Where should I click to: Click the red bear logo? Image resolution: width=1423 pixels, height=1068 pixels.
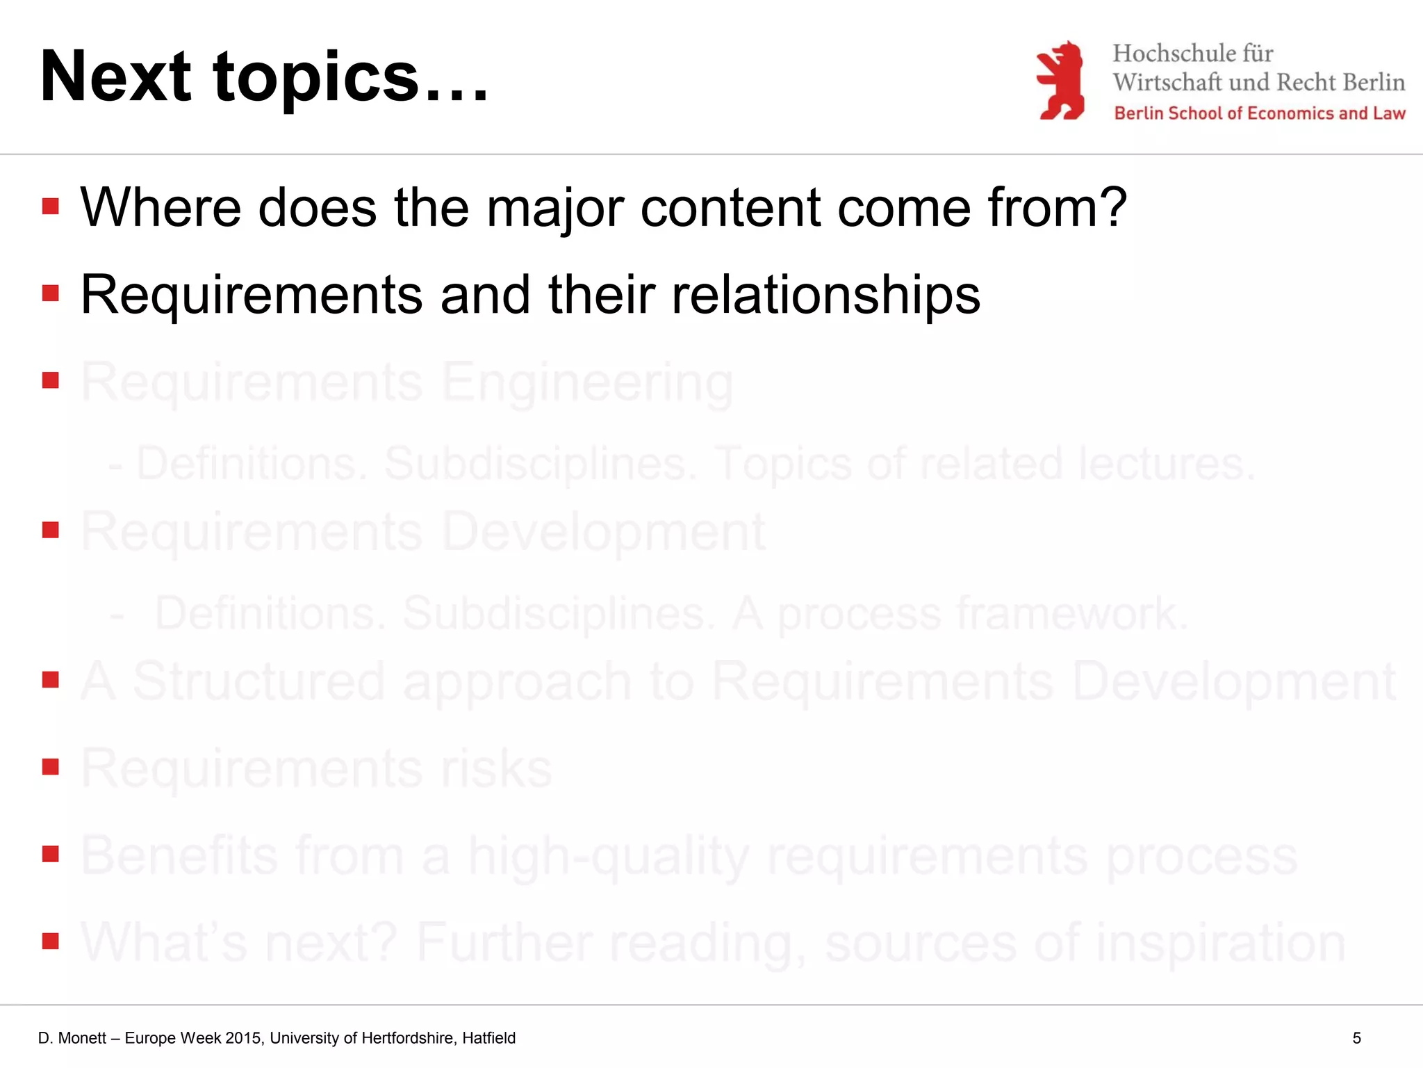pos(1060,80)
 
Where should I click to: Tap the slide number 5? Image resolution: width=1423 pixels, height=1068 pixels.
pos(1356,1038)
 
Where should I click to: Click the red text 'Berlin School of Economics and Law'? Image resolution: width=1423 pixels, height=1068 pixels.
pos(1259,113)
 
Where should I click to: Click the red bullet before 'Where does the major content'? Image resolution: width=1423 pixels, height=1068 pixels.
pos(50,206)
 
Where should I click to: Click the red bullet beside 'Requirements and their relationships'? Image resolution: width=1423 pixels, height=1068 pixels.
pos(50,293)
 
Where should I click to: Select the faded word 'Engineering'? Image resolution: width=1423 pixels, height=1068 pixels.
pos(587,382)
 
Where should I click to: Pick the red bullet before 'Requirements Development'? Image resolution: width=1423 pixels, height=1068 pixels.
pos(50,530)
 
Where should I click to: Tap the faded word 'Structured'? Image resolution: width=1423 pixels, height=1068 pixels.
pos(258,681)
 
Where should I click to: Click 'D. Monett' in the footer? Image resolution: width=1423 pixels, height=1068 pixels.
pos(72,1038)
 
